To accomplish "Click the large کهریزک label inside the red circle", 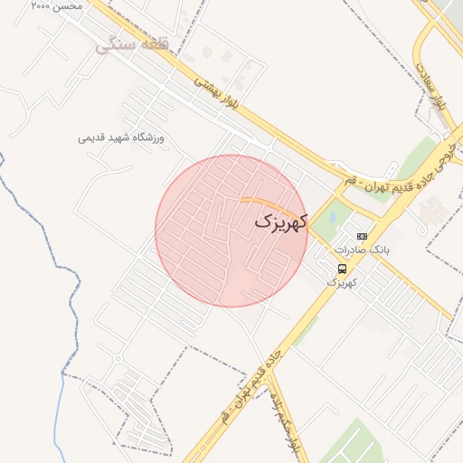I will coord(280,221).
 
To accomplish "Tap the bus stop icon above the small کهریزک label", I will coord(342,269).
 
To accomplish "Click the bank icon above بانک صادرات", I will coord(362,236).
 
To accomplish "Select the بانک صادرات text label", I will coord(362,249).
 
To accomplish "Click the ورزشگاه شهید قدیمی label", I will coord(126,138).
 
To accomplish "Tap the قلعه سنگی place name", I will coord(128,43).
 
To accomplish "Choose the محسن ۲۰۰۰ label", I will coord(56,5).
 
